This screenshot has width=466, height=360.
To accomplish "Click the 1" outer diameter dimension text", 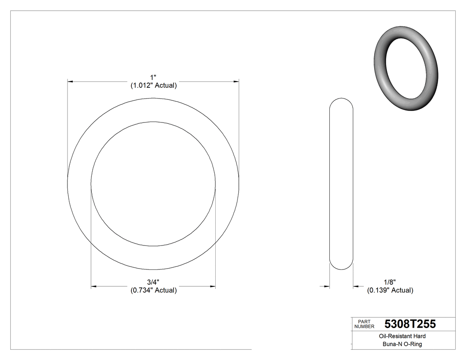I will tap(154, 78).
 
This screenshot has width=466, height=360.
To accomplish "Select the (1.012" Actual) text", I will tap(154, 86).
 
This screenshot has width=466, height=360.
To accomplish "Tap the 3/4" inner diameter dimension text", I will tap(154, 282).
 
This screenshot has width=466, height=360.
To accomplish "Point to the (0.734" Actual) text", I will tap(154, 290).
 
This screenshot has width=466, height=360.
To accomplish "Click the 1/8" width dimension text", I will tap(390, 282).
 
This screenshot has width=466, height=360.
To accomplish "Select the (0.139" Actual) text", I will tap(390, 290).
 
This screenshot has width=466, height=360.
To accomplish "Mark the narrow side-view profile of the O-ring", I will tap(341, 183).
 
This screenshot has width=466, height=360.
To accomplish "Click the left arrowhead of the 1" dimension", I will tap(70, 82).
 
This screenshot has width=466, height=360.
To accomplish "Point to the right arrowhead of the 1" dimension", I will tap(237, 82).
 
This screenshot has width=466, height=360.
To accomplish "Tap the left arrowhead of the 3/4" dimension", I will tap(93, 287).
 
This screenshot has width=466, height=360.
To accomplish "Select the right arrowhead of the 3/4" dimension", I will tap(213, 287).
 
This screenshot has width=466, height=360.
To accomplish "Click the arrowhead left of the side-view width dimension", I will tap(328, 287).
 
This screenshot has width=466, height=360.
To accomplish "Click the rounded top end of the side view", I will tap(341, 100).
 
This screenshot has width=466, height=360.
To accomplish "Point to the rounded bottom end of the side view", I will tap(341, 267).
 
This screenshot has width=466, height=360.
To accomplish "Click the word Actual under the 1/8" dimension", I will tap(403, 290).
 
